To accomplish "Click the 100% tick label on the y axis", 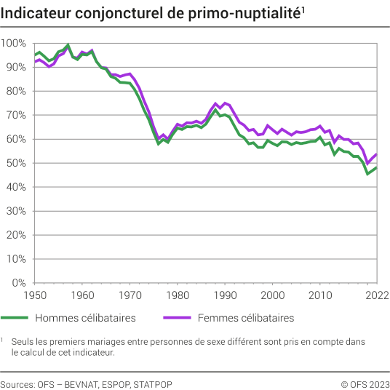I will click(x=14, y=43).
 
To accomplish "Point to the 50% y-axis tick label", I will click(x=16, y=163).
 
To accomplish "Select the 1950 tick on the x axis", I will click(x=34, y=295).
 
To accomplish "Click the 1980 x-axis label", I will click(x=177, y=295).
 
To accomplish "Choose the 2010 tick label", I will click(x=319, y=295).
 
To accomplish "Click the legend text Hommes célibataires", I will click(x=85, y=318).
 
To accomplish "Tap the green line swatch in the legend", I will click(x=14, y=318).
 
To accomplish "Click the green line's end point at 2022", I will click(x=376, y=168).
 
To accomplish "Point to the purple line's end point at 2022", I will click(x=376, y=154).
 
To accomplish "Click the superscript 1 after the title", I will click(x=303, y=9).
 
